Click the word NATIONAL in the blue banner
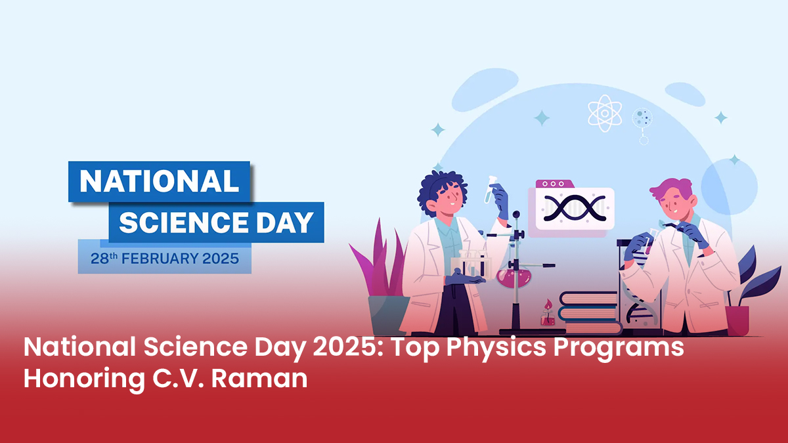(158, 181)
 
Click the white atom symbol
(605, 113)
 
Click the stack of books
(590, 313)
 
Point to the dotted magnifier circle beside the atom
(642, 118)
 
